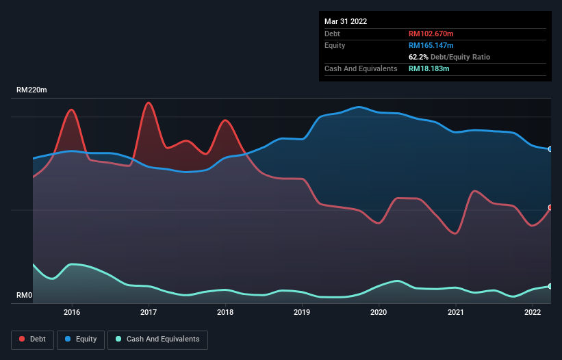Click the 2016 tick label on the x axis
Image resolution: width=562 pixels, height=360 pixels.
click(72, 312)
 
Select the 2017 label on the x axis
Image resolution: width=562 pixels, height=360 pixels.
click(149, 312)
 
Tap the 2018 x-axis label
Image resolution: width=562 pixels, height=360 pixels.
click(225, 312)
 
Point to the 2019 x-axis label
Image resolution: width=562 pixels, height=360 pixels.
click(302, 312)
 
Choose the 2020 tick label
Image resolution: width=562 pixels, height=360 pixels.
click(379, 312)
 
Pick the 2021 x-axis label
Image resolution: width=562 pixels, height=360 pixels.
click(456, 312)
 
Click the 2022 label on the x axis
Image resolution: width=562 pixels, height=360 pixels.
click(533, 312)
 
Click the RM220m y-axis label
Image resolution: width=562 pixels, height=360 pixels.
click(32, 90)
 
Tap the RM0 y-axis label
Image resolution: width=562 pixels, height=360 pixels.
click(24, 296)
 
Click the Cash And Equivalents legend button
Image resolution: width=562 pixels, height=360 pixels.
click(157, 339)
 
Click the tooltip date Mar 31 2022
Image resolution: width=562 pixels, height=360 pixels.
click(346, 21)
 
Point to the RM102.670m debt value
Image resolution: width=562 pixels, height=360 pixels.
click(432, 34)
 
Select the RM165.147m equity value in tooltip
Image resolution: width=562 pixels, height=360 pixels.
click(432, 45)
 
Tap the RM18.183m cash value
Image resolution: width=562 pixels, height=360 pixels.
click(429, 68)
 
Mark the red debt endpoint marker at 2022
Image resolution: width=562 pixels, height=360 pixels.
click(550, 207)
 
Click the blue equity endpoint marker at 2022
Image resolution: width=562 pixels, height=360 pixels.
click(550, 149)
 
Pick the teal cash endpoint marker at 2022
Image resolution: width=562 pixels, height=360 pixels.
click(550, 286)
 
